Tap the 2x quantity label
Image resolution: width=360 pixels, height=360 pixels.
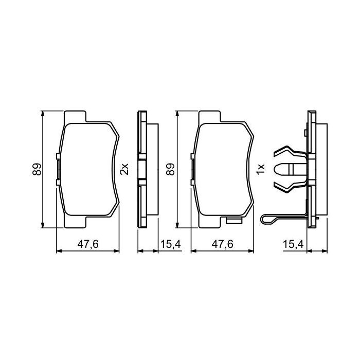pos(123,168)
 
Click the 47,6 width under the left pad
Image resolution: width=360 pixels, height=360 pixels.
pos(88,244)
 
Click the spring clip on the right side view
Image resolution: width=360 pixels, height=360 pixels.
pos(291,168)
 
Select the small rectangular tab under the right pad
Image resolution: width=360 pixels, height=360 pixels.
pos(235,222)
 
